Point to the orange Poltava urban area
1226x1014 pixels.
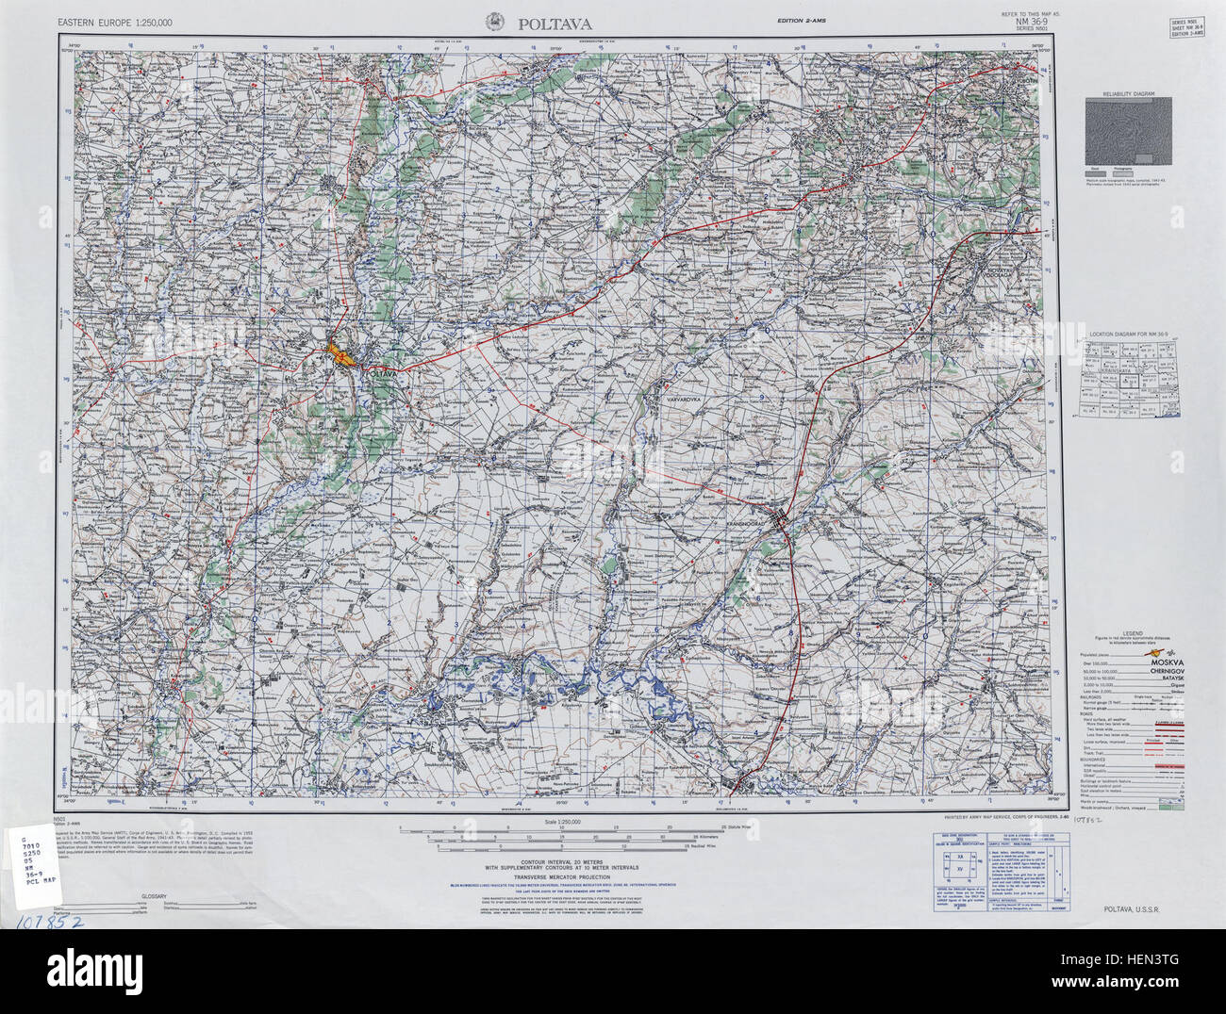pos(340,355)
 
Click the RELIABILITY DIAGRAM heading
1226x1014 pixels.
pos(1130,96)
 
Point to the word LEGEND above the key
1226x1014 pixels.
pos(1133,633)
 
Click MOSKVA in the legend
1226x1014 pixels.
pos(1164,663)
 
